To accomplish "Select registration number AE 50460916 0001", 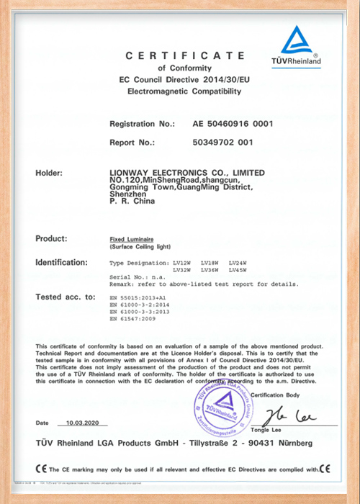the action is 233,124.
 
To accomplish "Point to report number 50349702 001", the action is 223,142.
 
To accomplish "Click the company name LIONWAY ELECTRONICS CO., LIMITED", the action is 184,173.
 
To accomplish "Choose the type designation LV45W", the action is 238,270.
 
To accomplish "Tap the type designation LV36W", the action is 210,270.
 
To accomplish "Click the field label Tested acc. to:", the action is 66,297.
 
